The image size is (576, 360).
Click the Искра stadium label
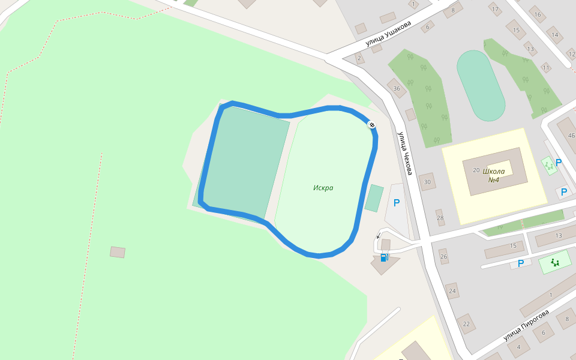pyautogui.click(x=323, y=188)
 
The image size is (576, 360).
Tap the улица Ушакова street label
pyautogui.click(x=389, y=34)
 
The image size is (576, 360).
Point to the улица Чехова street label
pyautogui.click(x=403, y=154)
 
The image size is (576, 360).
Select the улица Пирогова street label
pyautogui.click(x=526, y=325)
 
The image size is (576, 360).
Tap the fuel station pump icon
pyautogui.click(x=384, y=257)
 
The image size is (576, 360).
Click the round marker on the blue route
pyautogui.click(x=372, y=125)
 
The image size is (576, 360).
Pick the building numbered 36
pyautogui.click(x=397, y=88)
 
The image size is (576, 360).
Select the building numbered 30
pyautogui.click(x=428, y=182)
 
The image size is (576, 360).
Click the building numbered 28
pyautogui.click(x=440, y=218)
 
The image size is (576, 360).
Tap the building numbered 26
pyautogui.click(x=444, y=257)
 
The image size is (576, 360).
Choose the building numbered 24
pyautogui.click(x=452, y=292)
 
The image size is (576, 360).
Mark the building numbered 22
pyautogui.click(x=466, y=323)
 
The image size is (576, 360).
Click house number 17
pyautogui.click(x=495, y=10)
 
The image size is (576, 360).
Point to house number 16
pyautogui.click(x=537, y=15)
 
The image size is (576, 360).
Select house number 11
pyautogui.click(x=545, y=68)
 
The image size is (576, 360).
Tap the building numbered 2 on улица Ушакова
pyautogui.click(x=359, y=58)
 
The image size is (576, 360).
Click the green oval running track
pyautogui.click(x=481, y=85)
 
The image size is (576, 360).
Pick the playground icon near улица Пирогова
pyautogui.click(x=554, y=263)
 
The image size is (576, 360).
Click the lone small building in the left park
pyautogui.click(x=118, y=252)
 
